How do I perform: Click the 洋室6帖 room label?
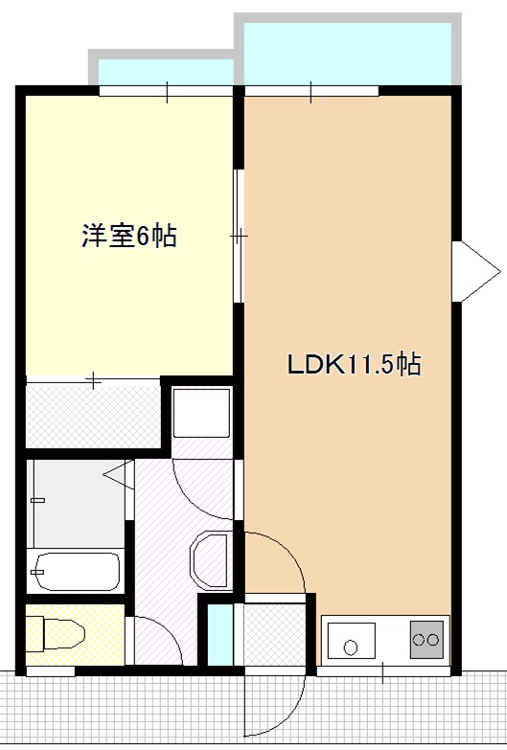128,237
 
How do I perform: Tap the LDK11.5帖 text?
355,365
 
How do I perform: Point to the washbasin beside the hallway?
210,560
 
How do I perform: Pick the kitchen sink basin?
353,640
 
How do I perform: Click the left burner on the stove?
421,638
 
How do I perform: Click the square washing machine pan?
201,413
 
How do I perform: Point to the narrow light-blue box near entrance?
220,631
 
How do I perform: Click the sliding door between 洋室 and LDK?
239,236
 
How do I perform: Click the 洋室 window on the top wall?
166,92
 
